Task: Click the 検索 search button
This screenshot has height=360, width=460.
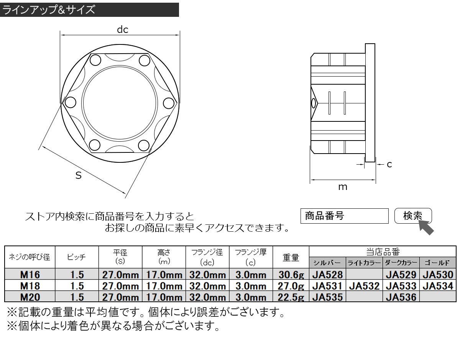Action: pyautogui.click(x=412, y=216)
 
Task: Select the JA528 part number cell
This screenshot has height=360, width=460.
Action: pyautogui.click(x=327, y=275)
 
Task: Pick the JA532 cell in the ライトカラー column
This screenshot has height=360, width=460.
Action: pyautogui.click(x=364, y=286)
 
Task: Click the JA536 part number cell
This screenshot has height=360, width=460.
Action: pyautogui.click(x=401, y=297)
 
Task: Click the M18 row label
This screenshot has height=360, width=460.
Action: pyautogui.click(x=30, y=286)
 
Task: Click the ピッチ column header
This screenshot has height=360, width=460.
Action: pyautogui.click(x=76, y=257)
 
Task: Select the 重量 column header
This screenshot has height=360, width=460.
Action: pyautogui.click(x=291, y=257)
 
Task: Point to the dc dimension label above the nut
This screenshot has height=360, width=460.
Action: pyautogui.click(x=122, y=30)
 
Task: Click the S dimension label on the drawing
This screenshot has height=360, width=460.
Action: pyautogui.click(x=78, y=176)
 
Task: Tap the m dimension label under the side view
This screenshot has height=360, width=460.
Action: pyautogui.click(x=342, y=187)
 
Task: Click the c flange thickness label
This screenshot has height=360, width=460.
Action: pyautogui.click(x=389, y=164)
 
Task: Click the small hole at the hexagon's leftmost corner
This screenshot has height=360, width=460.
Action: pyautogui.click(x=71, y=102)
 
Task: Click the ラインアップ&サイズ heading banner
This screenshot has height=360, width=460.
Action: pyautogui.click(x=90, y=10)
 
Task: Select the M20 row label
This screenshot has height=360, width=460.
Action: pyautogui.click(x=30, y=297)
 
